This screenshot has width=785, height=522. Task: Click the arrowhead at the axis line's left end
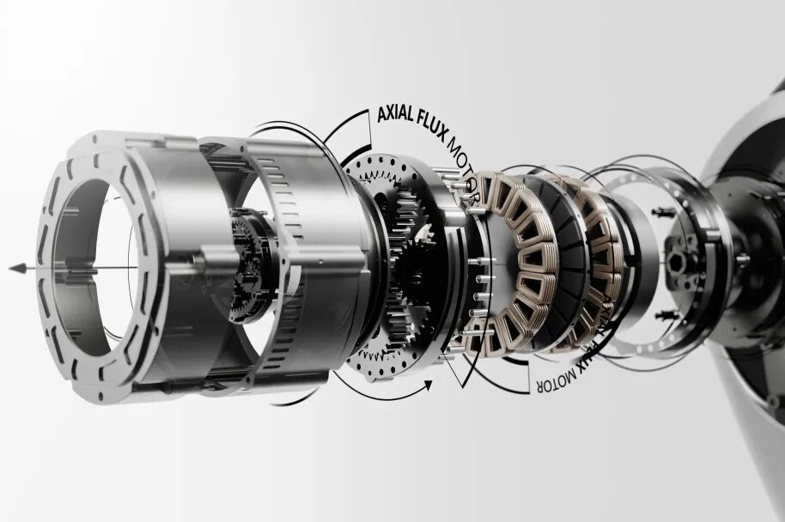[17, 268]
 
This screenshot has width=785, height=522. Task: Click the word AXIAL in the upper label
[395, 114]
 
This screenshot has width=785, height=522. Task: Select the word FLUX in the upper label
[430, 121]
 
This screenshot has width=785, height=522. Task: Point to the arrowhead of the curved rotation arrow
[428, 385]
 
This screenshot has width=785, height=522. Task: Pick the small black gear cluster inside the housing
[248, 266]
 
